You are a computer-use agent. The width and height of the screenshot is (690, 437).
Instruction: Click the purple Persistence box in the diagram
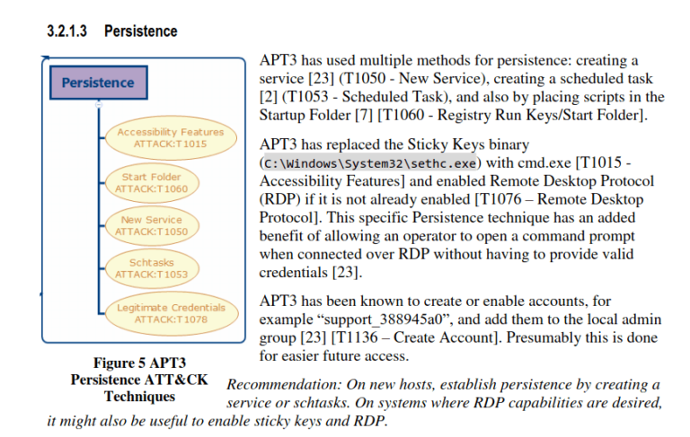[98, 83]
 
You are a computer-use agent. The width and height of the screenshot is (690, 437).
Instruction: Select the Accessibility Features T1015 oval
[170, 137]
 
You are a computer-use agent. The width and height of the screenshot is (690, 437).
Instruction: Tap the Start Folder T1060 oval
[152, 182]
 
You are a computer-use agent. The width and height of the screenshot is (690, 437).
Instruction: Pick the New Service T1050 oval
[151, 225]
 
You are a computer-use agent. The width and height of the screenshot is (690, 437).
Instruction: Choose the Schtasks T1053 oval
[151, 268]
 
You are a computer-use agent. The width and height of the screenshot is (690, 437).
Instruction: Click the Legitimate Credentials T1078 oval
[170, 312]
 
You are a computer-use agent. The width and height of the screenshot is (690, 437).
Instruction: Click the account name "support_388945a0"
[384, 320]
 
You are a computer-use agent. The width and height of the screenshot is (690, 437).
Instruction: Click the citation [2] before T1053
[268, 97]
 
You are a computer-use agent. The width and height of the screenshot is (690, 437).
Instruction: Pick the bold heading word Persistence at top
[140, 31]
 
